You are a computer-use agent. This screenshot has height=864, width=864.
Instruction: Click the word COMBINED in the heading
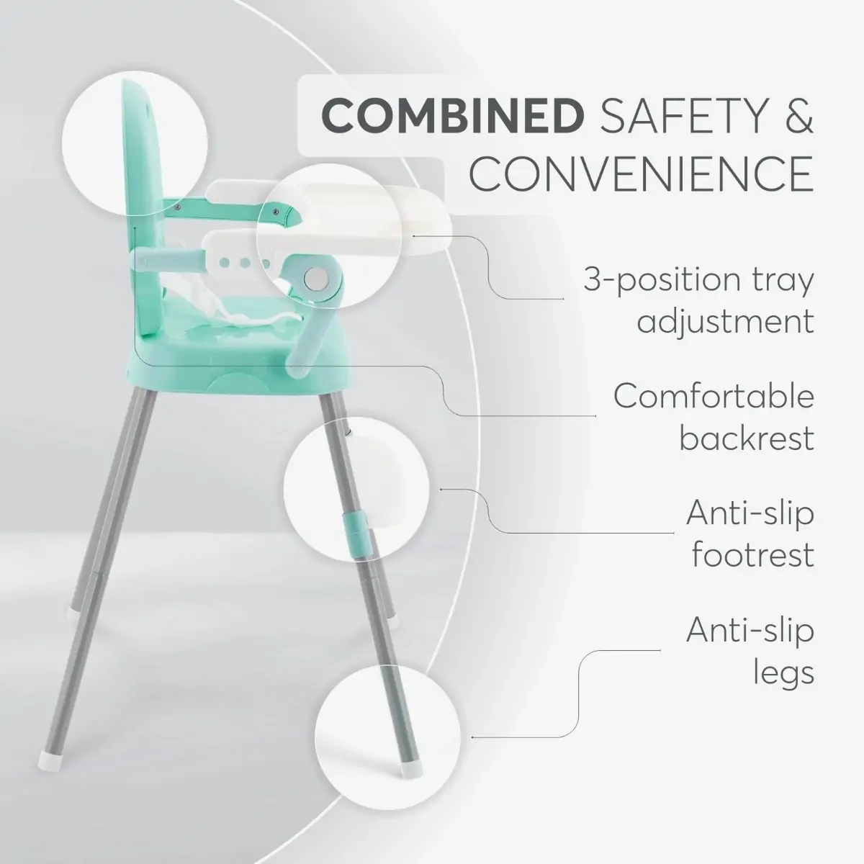coord(452,116)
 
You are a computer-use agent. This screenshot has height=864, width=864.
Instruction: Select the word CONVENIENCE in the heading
coord(642,174)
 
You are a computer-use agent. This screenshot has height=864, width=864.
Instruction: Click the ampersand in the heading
coord(796,116)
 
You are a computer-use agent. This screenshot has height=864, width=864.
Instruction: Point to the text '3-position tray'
coord(698,280)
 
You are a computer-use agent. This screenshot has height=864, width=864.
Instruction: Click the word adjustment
coord(726,320)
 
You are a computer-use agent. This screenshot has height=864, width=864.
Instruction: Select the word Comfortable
coord(714,396)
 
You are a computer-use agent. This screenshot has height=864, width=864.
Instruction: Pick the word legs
coord(783,672)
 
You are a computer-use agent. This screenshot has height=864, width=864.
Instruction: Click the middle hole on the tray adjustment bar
coord(245,263)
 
